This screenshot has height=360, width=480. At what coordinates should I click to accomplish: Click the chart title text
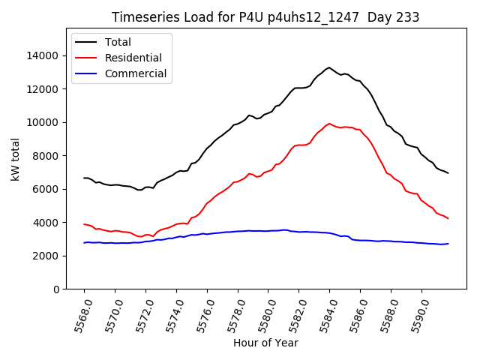265,17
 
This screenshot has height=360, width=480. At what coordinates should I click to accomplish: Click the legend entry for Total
118,42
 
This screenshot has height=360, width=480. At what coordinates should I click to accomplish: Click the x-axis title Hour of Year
265,343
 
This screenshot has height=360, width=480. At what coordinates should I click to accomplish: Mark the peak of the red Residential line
329,124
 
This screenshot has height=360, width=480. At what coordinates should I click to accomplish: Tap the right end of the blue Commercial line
448,244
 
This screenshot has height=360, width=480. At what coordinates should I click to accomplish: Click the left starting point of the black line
84,178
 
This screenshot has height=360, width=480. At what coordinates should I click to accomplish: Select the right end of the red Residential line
448,218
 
